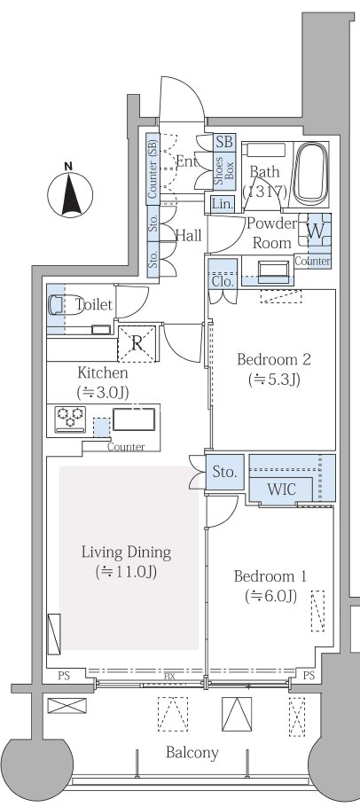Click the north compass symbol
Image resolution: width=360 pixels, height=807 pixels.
tap(70, 195)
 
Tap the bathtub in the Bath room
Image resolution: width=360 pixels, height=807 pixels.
tap(309, 174)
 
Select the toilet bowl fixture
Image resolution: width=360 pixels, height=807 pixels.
tap(59, 304)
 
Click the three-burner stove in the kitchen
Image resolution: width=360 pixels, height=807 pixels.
tap(71, 419)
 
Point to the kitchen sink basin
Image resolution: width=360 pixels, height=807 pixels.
tap(134, 419)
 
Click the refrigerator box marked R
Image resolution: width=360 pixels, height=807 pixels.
tap(137, 343)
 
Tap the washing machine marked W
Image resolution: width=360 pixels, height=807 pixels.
tap(315, 231)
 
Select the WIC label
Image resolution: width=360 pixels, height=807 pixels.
tap(281, 489)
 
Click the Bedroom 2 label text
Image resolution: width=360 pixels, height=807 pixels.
tap(274, 359)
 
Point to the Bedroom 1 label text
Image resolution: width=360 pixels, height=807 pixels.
tap(270, 576)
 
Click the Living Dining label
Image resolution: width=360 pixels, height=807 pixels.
tap(126, 552)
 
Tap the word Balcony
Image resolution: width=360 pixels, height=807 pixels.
tap(192, 753)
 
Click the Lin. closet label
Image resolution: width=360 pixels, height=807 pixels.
tap(223, 204)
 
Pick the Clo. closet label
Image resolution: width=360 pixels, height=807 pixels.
tap(223, 281)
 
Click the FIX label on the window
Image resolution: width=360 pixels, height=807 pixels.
tap(169, 677)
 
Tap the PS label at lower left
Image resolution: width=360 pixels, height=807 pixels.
tap(64, 676)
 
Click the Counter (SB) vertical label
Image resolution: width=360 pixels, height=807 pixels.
tap(153, 166)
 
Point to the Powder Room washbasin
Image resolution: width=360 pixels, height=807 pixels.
tap(273, 270)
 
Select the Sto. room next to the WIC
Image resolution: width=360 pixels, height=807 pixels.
tap(224, 472)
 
